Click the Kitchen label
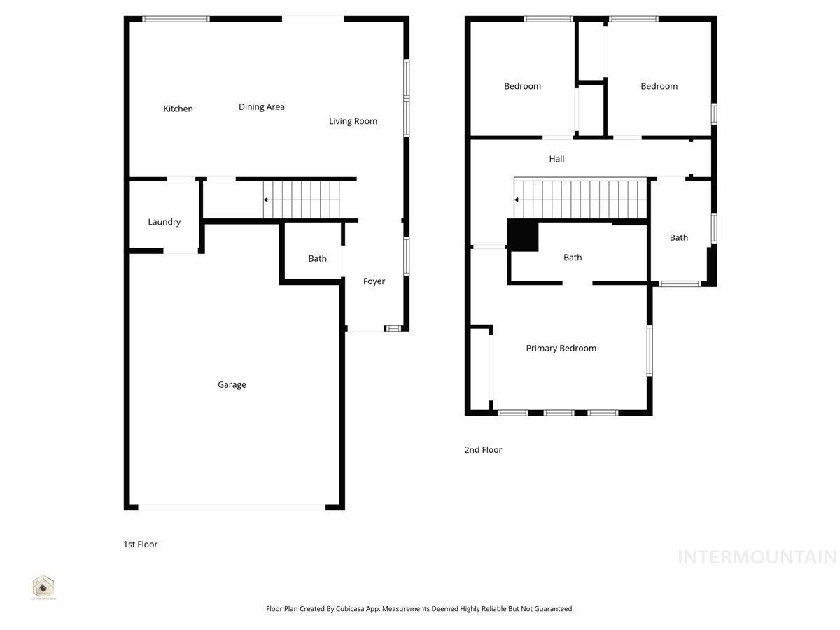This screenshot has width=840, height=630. (178, 108)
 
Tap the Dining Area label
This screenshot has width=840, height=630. (261, 107)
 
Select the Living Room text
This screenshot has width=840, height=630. (353, 121)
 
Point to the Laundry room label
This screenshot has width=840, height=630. (164, 222)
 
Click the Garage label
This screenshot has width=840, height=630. (232, 384)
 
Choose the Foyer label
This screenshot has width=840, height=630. (374, 281)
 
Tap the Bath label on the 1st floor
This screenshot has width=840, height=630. (317, 259)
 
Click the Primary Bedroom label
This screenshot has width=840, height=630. (561, 349)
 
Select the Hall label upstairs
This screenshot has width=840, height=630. (556, 159)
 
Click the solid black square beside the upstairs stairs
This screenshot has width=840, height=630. (522, 235)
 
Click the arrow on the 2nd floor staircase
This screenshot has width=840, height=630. (517, 199)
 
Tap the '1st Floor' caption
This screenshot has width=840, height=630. (140, 545)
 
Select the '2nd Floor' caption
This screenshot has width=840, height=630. (483, 450)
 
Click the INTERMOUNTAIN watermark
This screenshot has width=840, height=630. (757, 557)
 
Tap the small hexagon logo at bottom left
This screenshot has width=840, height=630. (43, 585)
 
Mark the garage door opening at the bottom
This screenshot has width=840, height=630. (232, 507)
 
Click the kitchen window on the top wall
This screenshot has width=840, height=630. (176, 19)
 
